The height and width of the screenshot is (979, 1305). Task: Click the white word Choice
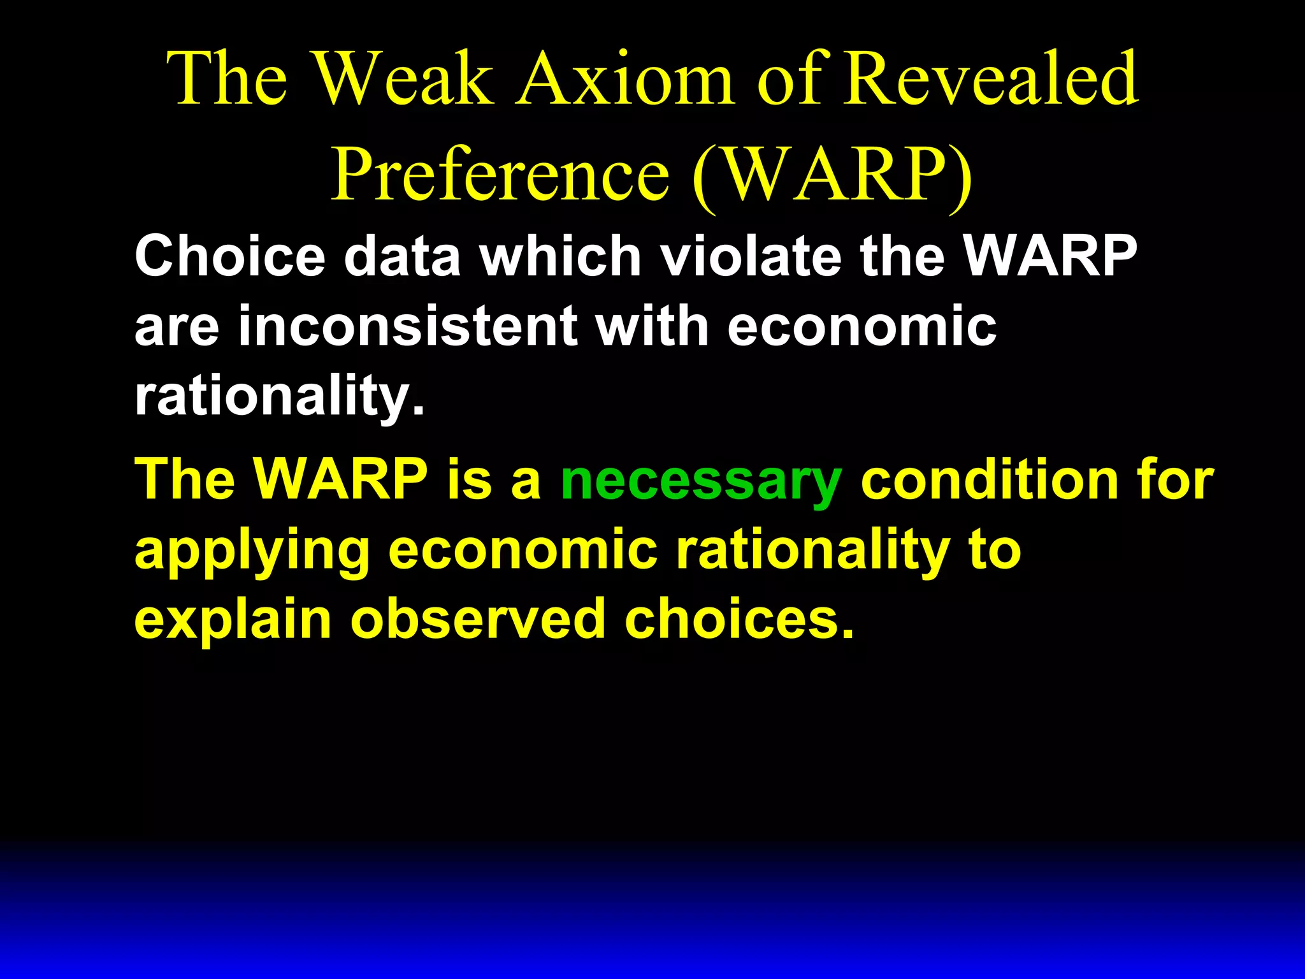coord(230,256)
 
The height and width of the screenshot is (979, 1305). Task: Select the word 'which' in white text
coord(560,256)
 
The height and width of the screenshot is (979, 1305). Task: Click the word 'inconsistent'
coord(408,326)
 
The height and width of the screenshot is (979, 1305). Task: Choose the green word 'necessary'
coord(701,481)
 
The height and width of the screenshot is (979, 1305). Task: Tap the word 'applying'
coord(252,551)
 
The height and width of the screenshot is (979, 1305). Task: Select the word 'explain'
coord(233,620)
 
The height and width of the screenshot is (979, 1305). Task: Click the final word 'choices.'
coord(739,620)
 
